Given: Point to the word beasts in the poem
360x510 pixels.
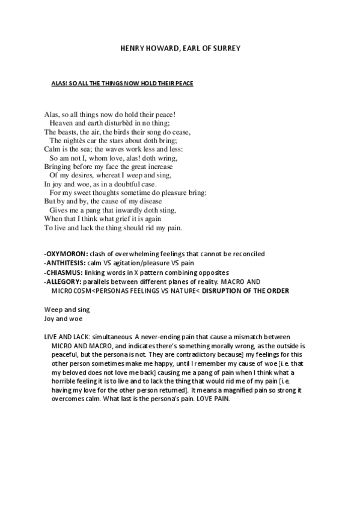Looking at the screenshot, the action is (67, 132).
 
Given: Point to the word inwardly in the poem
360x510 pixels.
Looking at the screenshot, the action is (122, 210).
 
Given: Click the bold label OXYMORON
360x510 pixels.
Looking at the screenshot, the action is (67, 254).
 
